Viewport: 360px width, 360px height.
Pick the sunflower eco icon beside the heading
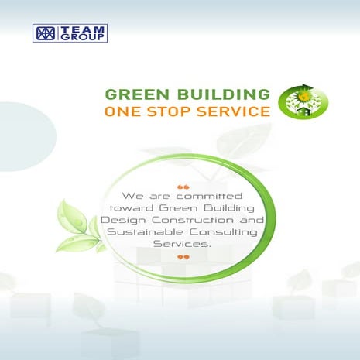pyautogui.click(x=303, y=100)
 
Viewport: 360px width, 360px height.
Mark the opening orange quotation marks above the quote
pyautogui.click(x=183, y=185)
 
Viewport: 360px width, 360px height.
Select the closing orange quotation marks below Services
pyautogui.click(x=183, y=256)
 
